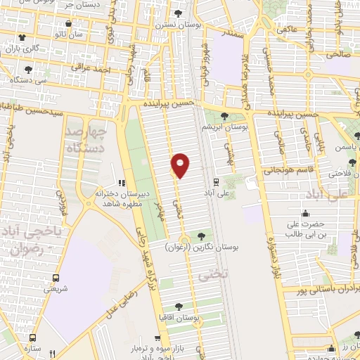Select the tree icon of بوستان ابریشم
pos(224,116)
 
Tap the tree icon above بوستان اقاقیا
pos(178,306)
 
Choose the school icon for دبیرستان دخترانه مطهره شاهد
pos(122,184)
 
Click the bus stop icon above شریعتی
pos(55,277)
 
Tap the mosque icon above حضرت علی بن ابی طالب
pos(304,214)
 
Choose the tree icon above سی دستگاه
pos(28,70)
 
